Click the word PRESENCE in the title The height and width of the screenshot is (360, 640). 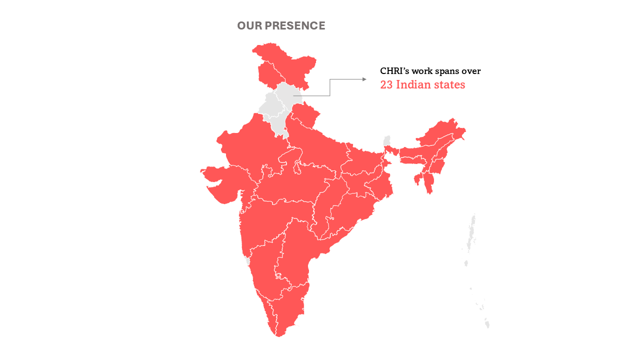click(295, 26)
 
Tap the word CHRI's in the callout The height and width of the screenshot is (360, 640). click(394, 71)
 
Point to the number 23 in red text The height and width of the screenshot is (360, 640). click(386, 85)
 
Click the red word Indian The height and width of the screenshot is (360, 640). click(412, 85)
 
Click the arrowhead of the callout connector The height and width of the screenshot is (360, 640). click(364, 79)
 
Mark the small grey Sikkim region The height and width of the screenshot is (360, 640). click(386, 140)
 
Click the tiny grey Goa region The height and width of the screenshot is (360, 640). click(247, 261)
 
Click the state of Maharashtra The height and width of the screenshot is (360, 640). click(270, 220)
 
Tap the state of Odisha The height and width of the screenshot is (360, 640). click(350, 210)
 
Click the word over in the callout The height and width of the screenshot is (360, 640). click(470, 71)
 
